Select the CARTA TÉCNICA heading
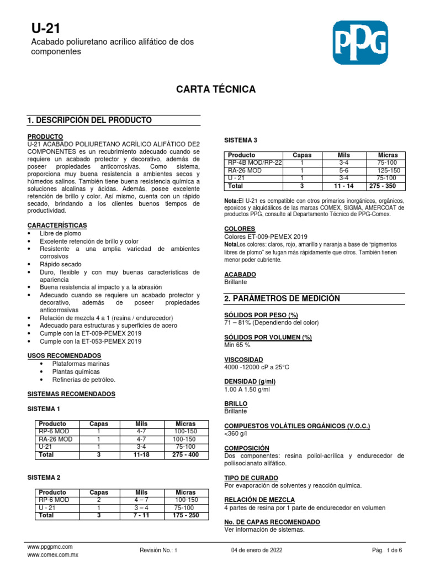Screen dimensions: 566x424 tap(215, 89)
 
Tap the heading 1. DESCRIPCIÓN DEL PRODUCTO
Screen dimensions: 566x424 tap(89, 120)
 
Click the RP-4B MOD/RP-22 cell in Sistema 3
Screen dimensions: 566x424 tap(255, 163)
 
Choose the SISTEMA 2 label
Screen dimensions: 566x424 tap(44, 477)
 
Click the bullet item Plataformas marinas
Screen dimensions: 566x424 tap(81, 364)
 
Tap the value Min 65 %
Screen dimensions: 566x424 tap(238, 344)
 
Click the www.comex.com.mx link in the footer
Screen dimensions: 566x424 tap(52, 554)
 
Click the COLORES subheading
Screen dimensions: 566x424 tap(240, 228)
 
